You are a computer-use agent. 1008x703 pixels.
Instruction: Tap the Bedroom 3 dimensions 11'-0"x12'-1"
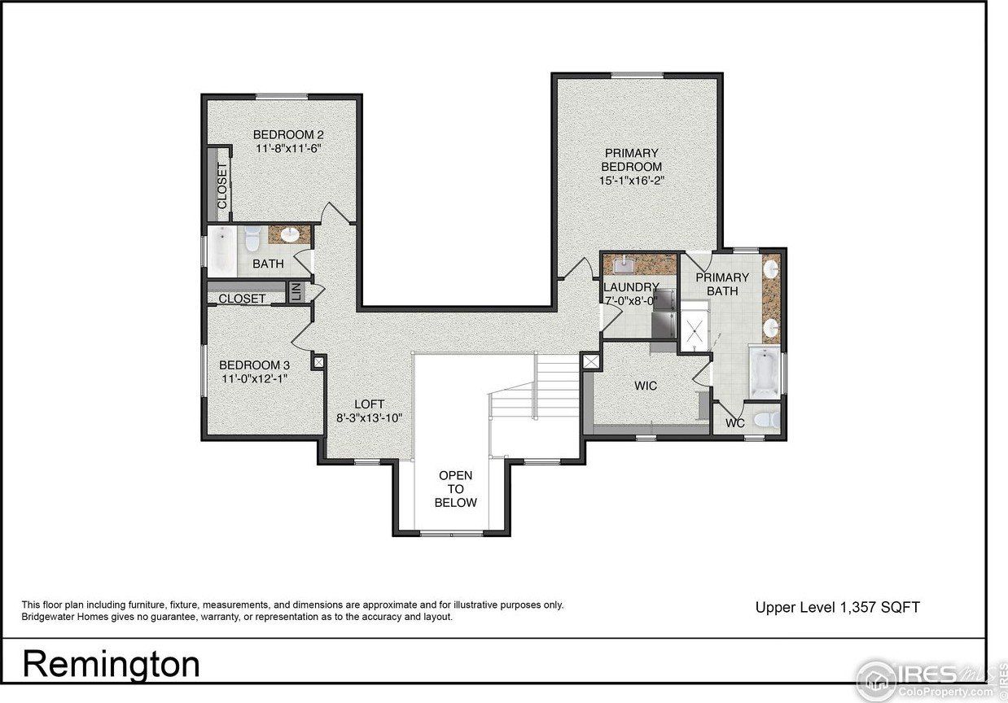(253, 378)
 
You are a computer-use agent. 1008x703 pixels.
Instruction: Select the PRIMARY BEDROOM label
(631, 159)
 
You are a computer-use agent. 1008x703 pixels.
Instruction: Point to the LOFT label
(369, 404)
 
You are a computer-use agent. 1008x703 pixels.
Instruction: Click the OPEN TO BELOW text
(455, 488)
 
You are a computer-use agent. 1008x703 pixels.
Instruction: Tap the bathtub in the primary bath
(765, 374)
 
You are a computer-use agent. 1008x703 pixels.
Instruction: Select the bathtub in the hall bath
(221, 251)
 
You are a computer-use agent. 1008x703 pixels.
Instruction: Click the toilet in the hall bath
(252, 238)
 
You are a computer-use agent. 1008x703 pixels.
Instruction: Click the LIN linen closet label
(296, 291)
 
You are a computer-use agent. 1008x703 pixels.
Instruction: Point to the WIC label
(646, 385)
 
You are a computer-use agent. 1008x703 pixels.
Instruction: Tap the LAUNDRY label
(631, 287)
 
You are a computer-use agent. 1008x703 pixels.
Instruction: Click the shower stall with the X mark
(694, 330)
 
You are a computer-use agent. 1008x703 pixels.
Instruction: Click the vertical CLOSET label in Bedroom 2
(221, 185)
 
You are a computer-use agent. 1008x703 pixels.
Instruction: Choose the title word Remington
(111, 664)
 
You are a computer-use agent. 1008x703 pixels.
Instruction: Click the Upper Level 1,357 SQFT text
(837, 607)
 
